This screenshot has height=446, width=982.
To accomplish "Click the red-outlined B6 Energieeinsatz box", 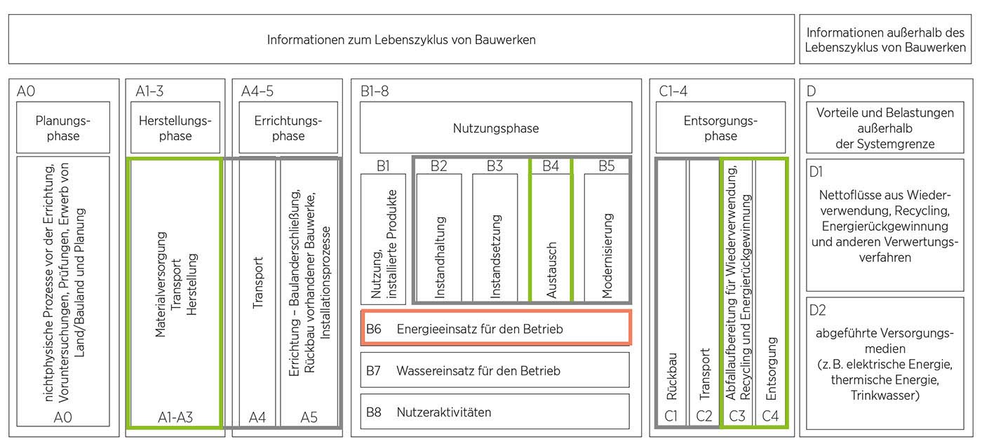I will coord(495,328).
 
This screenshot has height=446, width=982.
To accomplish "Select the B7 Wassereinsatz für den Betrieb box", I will coord(495,370).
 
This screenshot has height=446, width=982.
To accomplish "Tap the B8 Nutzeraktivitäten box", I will coord(495,412).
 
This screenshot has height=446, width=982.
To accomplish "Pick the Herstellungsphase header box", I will coord(175,128).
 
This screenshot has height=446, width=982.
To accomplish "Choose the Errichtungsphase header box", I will coord(288,128).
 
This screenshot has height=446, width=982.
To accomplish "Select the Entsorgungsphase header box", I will coord(720,128).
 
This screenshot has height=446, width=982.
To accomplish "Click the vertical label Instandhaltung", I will coord(440,258).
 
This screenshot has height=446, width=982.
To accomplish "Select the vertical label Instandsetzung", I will coord(495,258).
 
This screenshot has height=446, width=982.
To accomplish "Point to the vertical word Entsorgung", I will coord(771,368).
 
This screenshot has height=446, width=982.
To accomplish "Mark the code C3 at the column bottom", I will coord(737,417).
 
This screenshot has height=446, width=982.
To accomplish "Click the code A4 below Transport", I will coord(257,417).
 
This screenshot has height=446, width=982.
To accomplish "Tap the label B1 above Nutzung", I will coord(382,166).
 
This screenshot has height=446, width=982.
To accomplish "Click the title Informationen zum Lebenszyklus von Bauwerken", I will coord(401,40).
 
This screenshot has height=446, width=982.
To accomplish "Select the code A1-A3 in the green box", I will coord(175,417).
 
